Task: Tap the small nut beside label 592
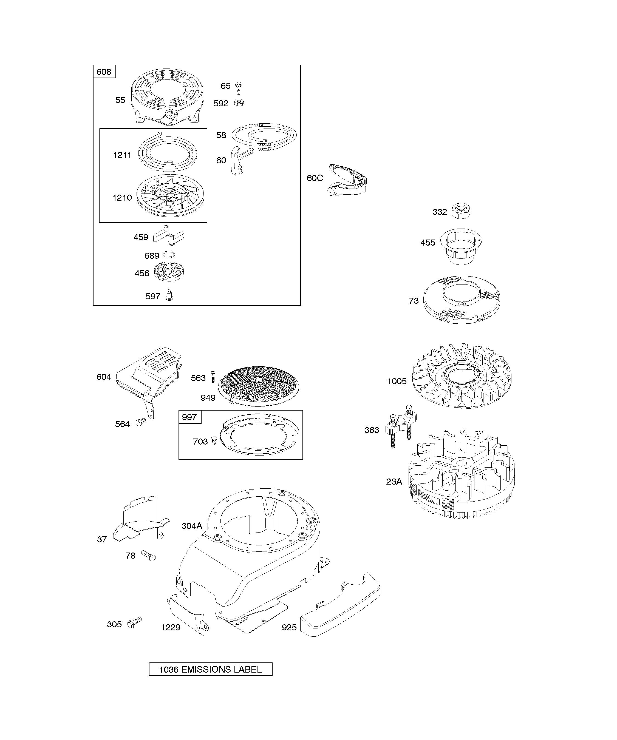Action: [239, 103]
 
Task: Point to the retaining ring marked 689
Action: [169, 255]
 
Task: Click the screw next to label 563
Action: [213, 377]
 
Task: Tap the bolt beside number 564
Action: [141, 422]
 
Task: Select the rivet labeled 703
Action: [214, 440]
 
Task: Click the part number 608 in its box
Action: [104, 72]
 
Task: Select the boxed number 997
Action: [189, 417]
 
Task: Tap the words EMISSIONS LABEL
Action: [221, 670]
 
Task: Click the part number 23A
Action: [394, 481]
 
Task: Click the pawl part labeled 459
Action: [169, 235]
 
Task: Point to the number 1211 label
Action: [122, 155]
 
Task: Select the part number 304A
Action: [192, 526]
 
